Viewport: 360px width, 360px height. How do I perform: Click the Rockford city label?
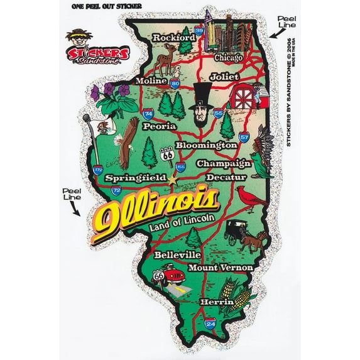pos(174,38)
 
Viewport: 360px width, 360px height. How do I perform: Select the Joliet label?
pos(225,77)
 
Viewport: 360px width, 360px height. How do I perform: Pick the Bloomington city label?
pos(206,145)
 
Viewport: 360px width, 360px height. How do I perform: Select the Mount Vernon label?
pos(225,268)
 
